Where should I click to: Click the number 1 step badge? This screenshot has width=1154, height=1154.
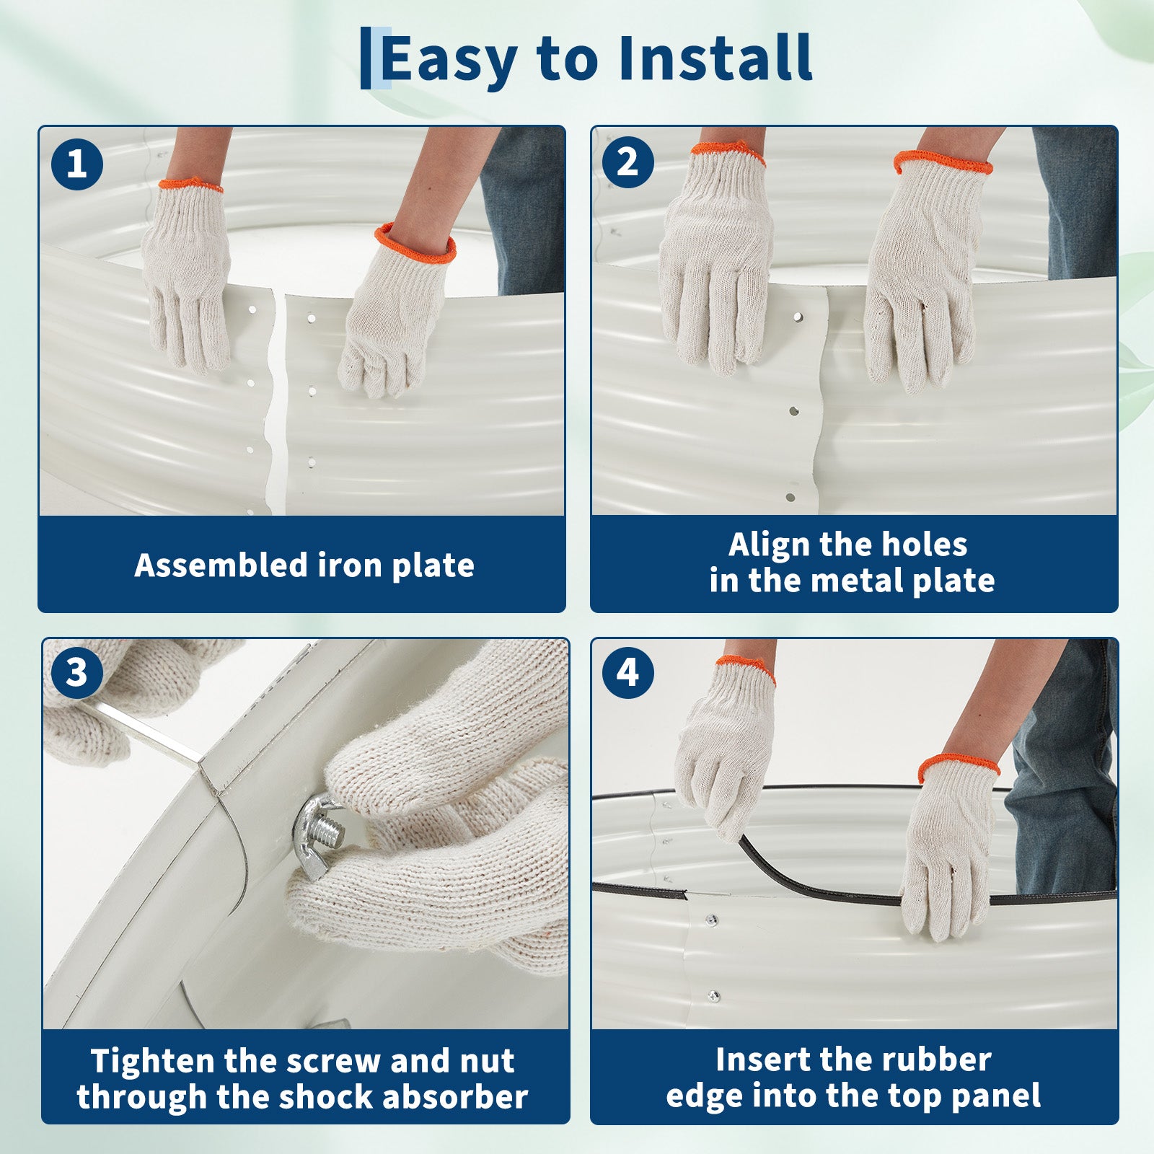click(x=77, y=164)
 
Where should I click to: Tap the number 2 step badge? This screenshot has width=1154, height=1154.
click(x=627, y=162)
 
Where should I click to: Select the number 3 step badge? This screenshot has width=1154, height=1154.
click(x=76, y=673)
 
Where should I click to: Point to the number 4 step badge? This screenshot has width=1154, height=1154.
click(x=627, y=672)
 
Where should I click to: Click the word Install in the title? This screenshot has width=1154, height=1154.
click(x=715, y=58)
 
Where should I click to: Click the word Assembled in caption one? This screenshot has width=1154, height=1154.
click(x=221, y=565)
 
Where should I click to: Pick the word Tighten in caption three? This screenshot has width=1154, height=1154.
click(x=153, y=1062)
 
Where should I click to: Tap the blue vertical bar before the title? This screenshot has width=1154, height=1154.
click(x=366, y=58)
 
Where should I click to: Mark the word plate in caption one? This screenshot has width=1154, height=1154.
click(x=433, y=565)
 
